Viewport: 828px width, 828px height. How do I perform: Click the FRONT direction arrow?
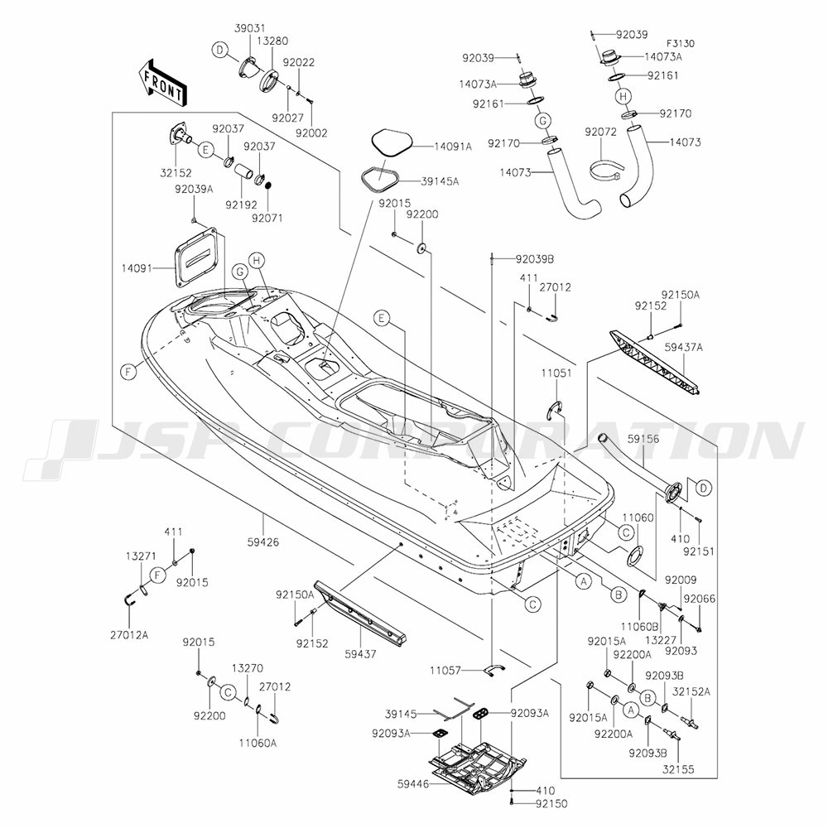[x=161, y=81]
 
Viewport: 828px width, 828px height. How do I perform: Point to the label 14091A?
[x=431, y=147]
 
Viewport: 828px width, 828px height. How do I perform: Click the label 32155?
[x=678, y=770]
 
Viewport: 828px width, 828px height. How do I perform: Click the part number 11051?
[x=556, y=373]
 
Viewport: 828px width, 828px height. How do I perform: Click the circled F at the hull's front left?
[x=129, y=373]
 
